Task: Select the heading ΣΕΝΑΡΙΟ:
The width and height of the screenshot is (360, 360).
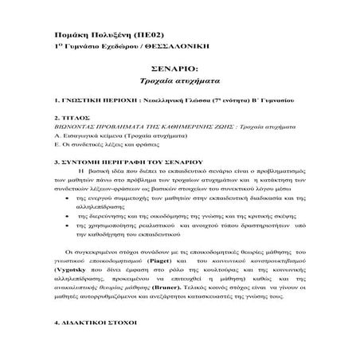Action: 178,70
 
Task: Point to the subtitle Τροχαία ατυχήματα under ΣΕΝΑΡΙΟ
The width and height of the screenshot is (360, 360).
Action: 179,82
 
